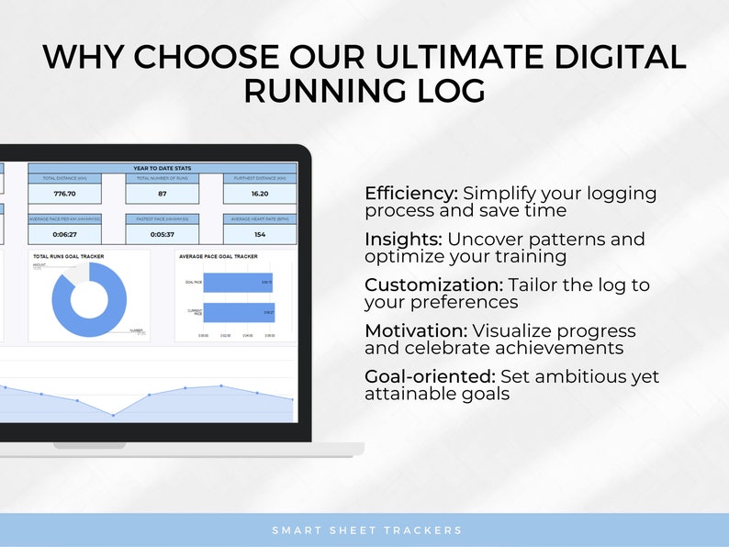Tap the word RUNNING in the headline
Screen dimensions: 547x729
[317, 93]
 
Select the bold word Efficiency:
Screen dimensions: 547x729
[410, 194]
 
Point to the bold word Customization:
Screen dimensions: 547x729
[430, 285]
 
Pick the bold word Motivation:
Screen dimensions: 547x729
[416, 330]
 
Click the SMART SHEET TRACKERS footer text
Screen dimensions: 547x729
[366, 530]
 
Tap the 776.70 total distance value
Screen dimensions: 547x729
[65, 194]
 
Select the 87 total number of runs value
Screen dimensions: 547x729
[162, 194]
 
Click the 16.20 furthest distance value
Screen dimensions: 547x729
[259, 194]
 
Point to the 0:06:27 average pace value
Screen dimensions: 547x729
[65, 235]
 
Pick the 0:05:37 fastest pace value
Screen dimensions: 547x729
[162, 235]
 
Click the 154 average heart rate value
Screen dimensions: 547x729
[259, 235]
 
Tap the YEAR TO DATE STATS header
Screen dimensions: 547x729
[163, 168]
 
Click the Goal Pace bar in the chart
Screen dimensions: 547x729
[238, 285]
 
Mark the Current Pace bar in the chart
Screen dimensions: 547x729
[238, 313]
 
